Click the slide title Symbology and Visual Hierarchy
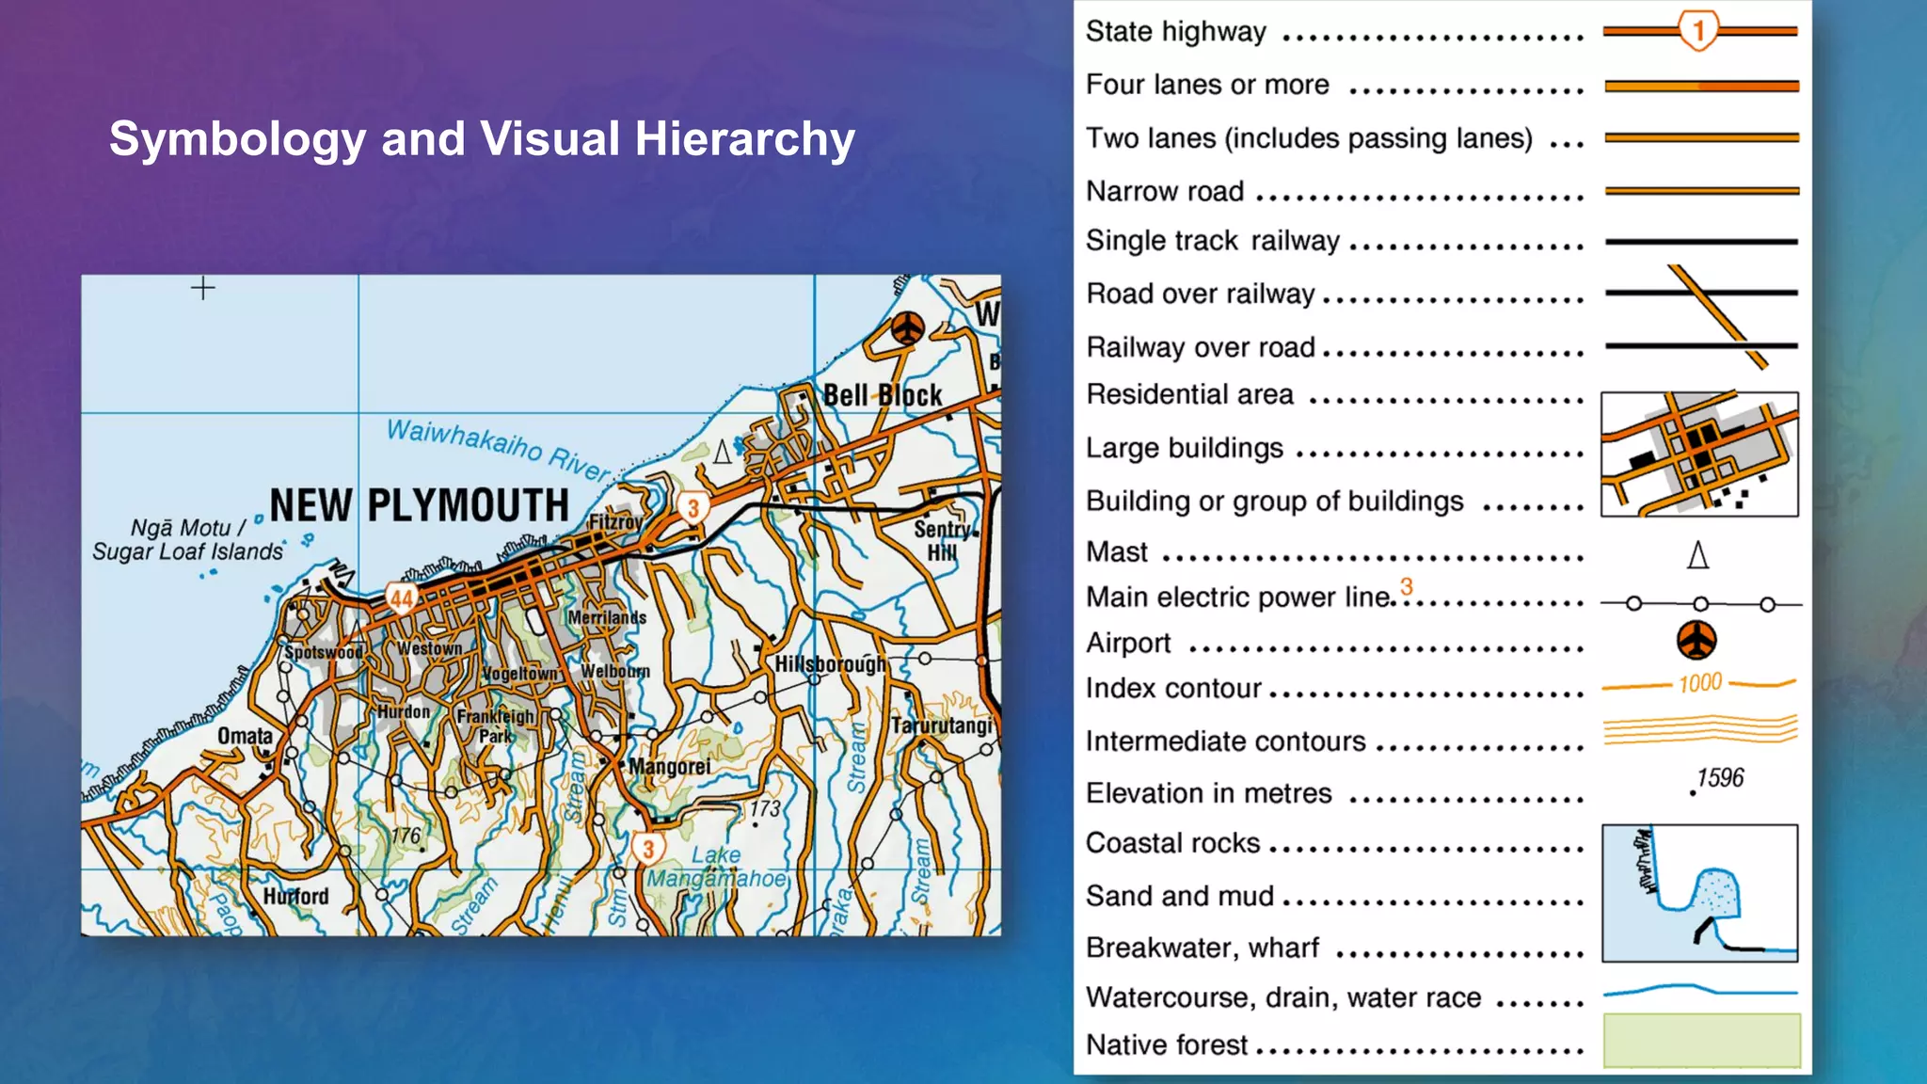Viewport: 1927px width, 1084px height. [482, 139]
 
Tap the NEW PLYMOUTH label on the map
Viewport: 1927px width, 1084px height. [420, 505]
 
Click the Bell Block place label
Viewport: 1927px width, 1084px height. [883, 395]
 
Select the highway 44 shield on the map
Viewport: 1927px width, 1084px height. [402, 598]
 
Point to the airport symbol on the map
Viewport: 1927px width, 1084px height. [908, 328]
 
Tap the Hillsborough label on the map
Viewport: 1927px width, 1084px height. [830, 664]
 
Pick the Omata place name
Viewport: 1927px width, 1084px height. [245, 736]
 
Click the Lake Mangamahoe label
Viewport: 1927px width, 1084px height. [716, 867]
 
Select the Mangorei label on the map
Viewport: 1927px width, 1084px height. [669, 767]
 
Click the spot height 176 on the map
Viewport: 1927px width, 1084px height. [406, 836]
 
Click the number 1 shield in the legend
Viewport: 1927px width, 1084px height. [1698, 31]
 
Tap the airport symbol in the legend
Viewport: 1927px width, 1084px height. [1696, 641]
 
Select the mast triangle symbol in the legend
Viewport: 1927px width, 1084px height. [1697, 555]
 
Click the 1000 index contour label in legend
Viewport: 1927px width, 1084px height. [1700, 683]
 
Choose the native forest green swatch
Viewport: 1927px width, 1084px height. [1701, 1040]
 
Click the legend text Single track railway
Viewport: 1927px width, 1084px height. [1213, 241]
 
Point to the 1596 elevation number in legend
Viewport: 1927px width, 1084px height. [1720, 778]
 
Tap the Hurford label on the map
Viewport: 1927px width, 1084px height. [296, 896]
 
